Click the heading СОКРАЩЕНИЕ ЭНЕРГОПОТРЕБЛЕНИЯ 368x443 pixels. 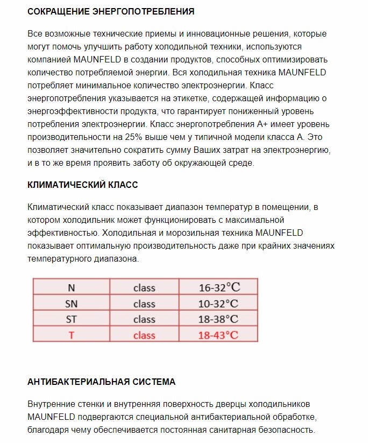point(111,11)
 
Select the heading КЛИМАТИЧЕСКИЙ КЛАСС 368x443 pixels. point(82,185)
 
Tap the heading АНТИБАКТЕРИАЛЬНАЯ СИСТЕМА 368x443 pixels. point(101,382)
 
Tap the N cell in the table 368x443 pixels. point(71,287)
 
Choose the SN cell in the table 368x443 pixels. point(71,304)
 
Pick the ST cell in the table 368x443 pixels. point(71,319)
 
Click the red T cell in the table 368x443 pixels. point(71,335)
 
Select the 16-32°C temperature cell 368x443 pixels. point(218,287)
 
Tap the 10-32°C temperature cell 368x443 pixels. point(218,304)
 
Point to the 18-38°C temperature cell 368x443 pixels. point(218,319)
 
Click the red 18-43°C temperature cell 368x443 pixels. point(218,335)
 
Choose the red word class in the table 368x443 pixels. point(144,335)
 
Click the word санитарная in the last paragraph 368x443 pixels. point(244,430)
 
